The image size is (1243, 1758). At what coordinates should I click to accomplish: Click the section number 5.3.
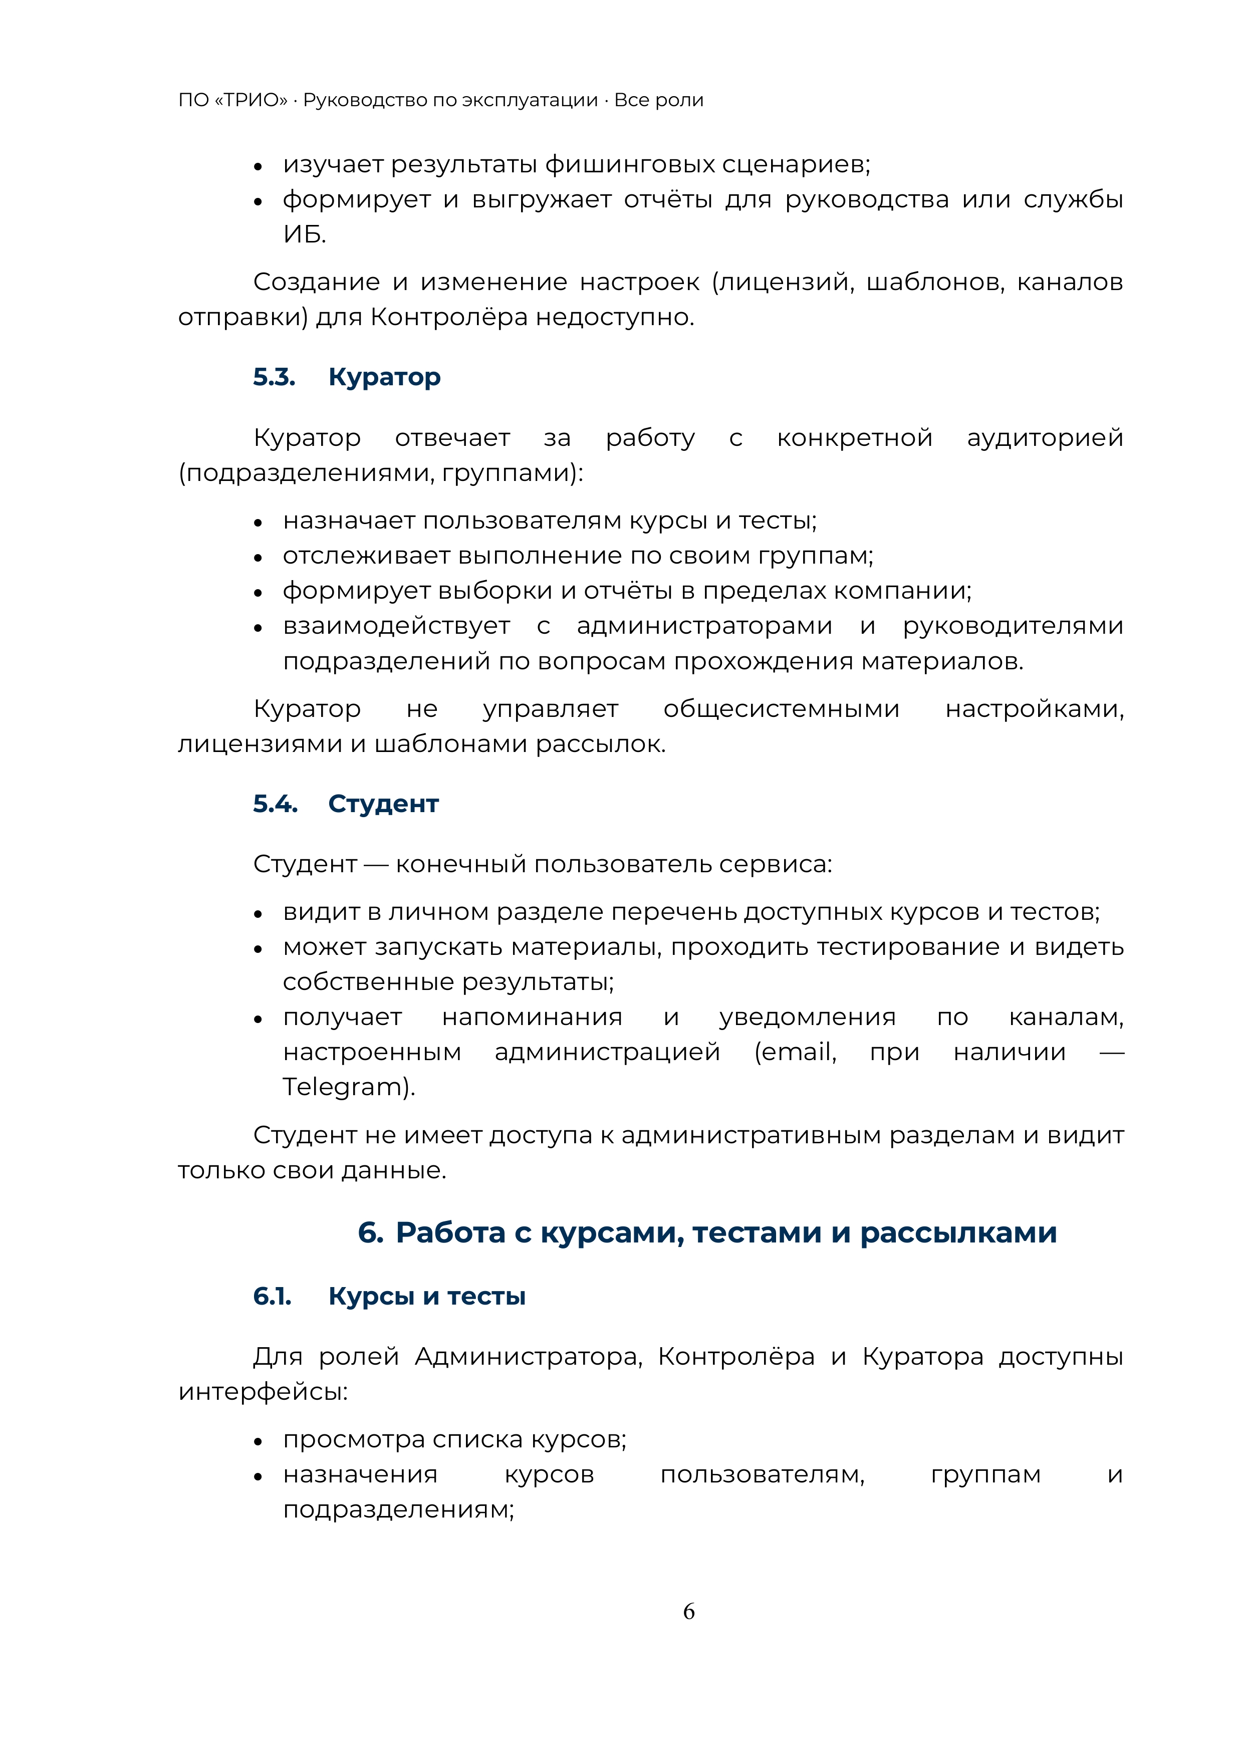point(274,377)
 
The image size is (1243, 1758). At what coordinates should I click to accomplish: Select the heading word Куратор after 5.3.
point(384,377)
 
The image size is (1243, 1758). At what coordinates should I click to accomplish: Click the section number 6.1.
point(272,1296)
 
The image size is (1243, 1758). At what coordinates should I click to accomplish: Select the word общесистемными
point(781,709)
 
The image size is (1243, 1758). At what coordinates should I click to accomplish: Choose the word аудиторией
point(1045,438)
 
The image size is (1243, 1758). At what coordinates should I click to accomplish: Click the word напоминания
point(532,1017)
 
